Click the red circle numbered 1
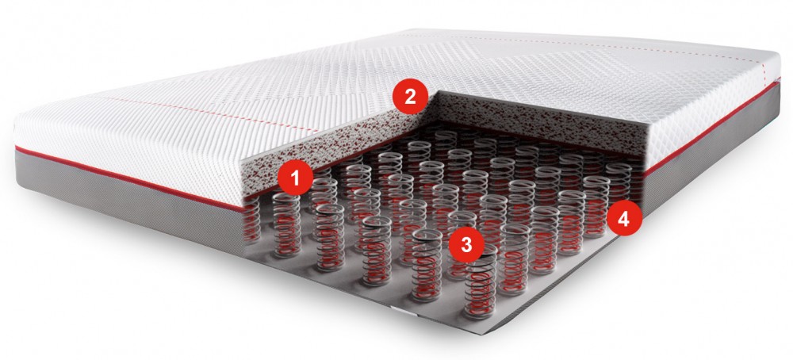click(x=295, y=178)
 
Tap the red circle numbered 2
click(x=410, y=97)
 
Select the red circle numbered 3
click(x=466, y=245)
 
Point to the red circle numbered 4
click(x=624, y=220)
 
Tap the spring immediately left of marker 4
click(x=596, y=207)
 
